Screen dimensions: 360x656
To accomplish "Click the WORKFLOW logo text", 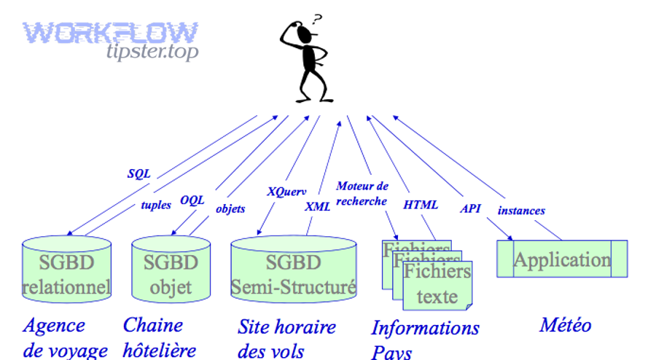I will [110, 32].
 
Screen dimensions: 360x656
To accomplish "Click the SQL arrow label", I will [138, 173].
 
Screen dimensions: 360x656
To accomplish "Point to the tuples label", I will [155, 205].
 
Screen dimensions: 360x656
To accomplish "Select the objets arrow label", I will [230, 208].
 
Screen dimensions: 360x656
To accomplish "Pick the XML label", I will [318, 206].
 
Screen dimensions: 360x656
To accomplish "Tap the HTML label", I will [421, 205].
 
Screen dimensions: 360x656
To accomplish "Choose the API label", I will [470, 208].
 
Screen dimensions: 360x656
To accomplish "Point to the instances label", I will [521, 211].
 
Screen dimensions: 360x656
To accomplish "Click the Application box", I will [562, 259].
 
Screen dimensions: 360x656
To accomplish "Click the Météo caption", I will [565, 325].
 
